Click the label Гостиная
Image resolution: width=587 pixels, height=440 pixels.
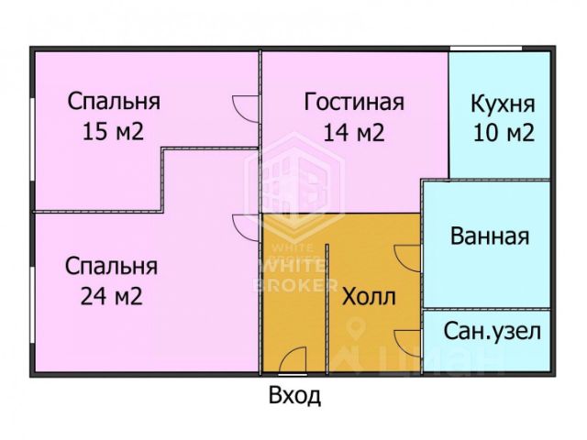[x=353, y=101]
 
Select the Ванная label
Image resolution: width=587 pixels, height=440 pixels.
[x=490, y=236]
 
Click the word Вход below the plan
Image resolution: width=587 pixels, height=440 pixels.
[x=294, y=397]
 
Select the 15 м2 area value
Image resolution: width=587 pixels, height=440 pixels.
[x=113, y=131]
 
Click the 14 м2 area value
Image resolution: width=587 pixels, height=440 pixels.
[x=353, y=131]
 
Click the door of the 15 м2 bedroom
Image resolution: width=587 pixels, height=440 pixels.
[x=246, y=107]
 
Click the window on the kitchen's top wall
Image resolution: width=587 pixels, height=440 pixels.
[x=486, y=48]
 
